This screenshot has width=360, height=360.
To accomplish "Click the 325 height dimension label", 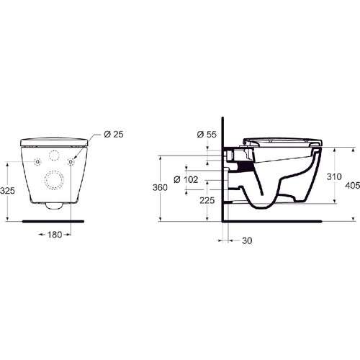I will pos(8,191).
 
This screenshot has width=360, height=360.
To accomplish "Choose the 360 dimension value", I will pos(160,187).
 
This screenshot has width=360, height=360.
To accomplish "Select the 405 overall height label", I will pos(351,186).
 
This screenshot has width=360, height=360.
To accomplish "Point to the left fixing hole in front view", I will pos(37,162).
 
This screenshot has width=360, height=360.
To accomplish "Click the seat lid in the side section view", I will pos(281,138).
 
